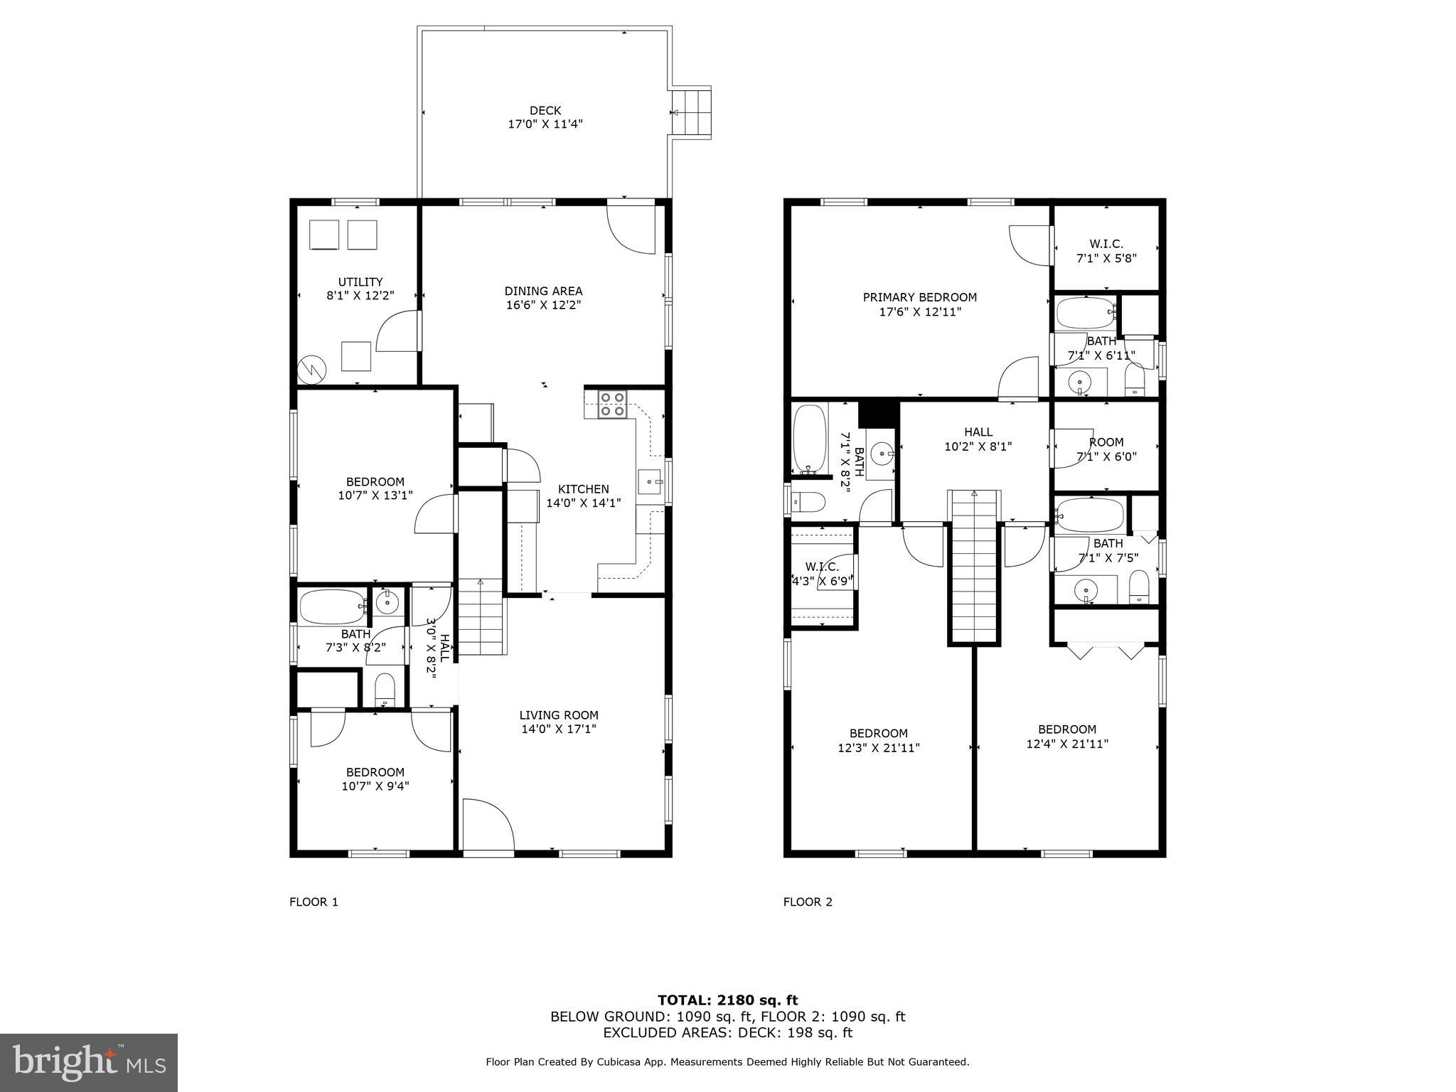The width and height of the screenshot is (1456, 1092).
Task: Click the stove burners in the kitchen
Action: [612, 404]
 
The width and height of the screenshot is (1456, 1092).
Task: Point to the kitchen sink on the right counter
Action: [649, 481]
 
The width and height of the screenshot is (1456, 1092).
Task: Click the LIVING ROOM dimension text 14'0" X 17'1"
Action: [558, 729]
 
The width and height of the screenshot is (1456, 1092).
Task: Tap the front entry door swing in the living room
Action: [488, 825]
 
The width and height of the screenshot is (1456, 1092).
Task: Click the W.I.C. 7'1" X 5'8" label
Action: [1106, 251]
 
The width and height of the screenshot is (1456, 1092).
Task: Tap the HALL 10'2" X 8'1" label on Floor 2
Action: [978, 439]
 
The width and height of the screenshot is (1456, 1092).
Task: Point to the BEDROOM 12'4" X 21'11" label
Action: [1067, 737]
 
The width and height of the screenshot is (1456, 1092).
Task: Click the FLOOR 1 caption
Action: [314, 902]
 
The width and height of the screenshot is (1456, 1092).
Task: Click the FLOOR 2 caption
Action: [808, 902]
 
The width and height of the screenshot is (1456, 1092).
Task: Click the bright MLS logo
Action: [88, 1062]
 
